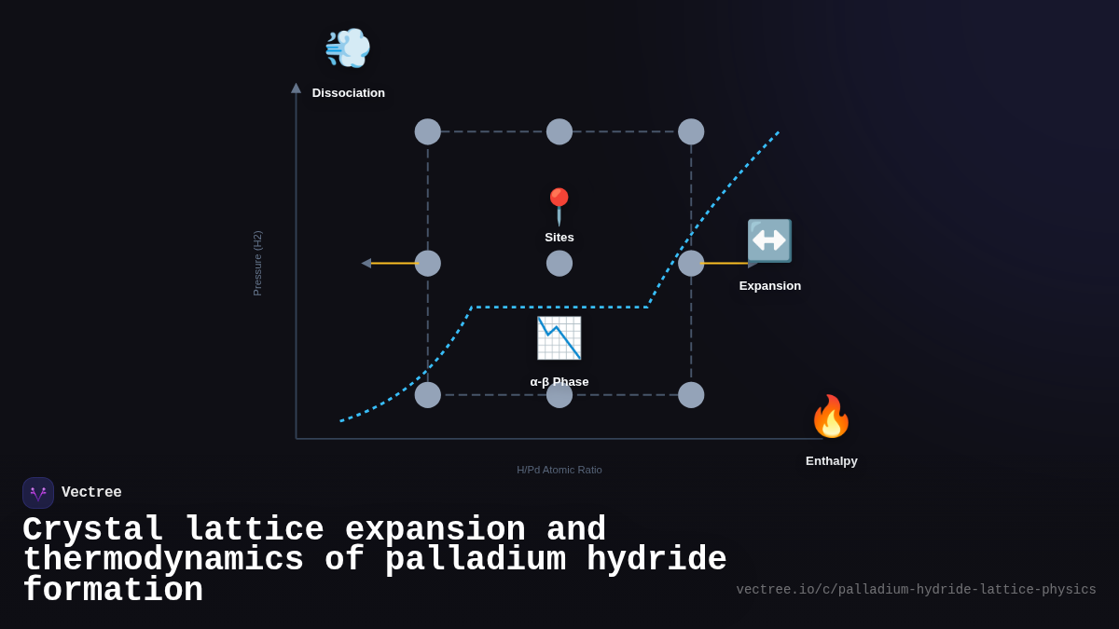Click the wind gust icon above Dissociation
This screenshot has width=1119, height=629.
[348, 48]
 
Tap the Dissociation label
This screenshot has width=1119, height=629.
[349, 93]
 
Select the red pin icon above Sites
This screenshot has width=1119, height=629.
[559, 207]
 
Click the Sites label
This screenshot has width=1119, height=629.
[559, 238]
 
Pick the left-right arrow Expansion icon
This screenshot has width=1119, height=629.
[769, 241]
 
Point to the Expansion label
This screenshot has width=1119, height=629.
[770, 286]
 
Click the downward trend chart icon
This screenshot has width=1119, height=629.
[559, 337]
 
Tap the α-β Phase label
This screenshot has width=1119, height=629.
[559, 382]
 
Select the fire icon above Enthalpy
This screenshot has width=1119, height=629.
[831, 417]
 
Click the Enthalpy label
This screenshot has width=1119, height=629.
[832, 461]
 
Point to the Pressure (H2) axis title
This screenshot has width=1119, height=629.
[257, 264]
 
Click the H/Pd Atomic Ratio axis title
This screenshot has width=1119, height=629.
[559, 470]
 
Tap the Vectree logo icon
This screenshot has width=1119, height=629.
[38, 493]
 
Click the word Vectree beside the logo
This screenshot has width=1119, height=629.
[91, 493]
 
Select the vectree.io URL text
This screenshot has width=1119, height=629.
[916, 590]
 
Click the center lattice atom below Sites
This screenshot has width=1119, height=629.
[559, 264]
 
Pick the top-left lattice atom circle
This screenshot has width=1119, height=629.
[428, 131]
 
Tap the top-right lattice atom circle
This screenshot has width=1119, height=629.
[691, 131]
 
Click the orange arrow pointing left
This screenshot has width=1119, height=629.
[390, 264]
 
